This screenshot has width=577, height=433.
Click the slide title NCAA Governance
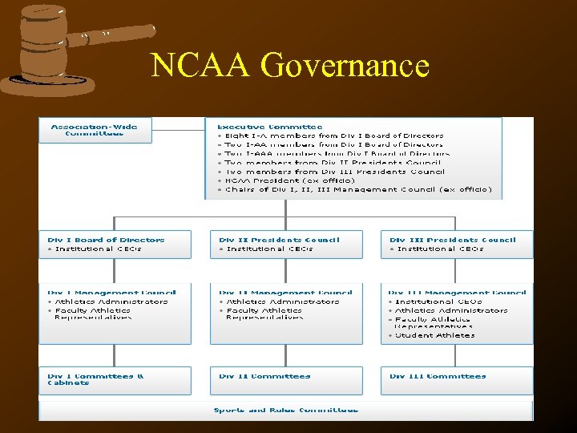(289, 66)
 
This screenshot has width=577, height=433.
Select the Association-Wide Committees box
(95, 130)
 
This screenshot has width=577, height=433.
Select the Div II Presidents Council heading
(279, 240)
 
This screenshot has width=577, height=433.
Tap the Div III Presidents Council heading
(452, 240)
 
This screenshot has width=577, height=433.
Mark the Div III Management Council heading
(457, 293)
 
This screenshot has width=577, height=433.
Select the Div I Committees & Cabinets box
(115, 380)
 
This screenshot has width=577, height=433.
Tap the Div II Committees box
(286, 380)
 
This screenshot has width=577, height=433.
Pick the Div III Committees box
(457, 380)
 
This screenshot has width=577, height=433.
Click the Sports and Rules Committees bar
(286, 410)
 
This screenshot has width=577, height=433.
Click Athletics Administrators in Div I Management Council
(111, 301)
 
